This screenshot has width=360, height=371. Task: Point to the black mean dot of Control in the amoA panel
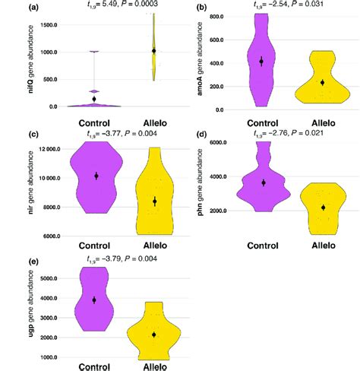coord(261,61)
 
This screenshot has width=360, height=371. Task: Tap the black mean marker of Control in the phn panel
coord(263,182)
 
